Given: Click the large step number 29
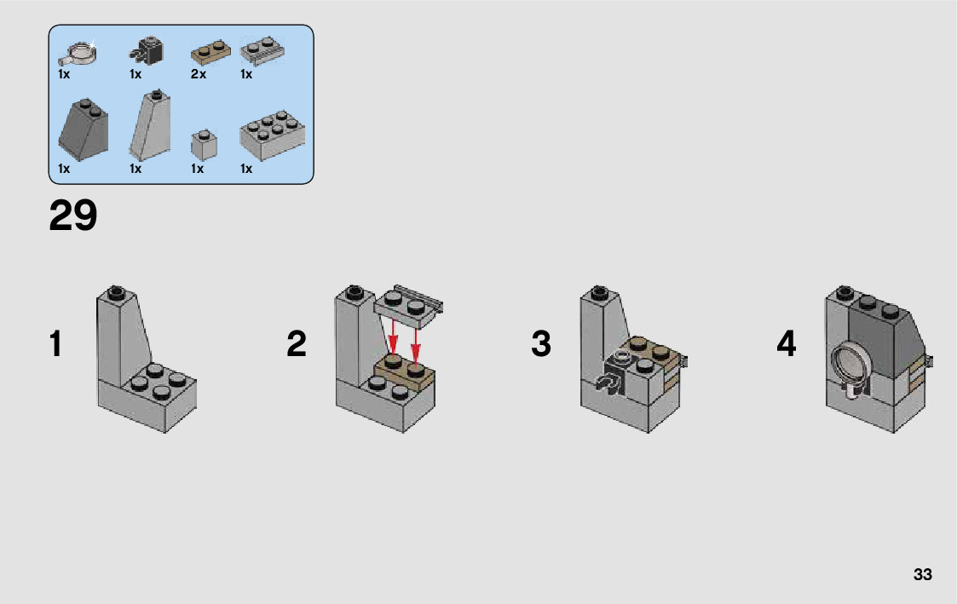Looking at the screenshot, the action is click(x=72, y=216).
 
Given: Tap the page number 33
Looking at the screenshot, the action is click(x=922, y=574).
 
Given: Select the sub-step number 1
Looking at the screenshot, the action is click(x=55, y=343).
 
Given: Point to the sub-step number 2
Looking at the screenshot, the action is click(x=297, y=343).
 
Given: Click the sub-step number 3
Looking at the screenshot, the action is click(x=541, y=343).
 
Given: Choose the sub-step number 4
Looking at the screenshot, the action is click(x=786, y=343).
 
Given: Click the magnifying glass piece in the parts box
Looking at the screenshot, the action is click(x=77, y=53).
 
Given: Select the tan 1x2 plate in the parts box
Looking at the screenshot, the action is click(x=210, y=53).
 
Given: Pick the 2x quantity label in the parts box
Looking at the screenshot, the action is click(x=199, y=74).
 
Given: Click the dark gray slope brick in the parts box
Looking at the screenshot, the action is click(x=84, y=129).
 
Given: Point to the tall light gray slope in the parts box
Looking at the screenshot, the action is click(x=149, y=125).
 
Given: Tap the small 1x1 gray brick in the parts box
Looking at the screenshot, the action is click(x=204, y=145).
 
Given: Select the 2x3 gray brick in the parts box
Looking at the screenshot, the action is click(x=272, y=135).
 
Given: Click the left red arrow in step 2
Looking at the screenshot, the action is click(x=394, y=338).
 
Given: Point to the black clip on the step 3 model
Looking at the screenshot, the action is click(x=614, y=377).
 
